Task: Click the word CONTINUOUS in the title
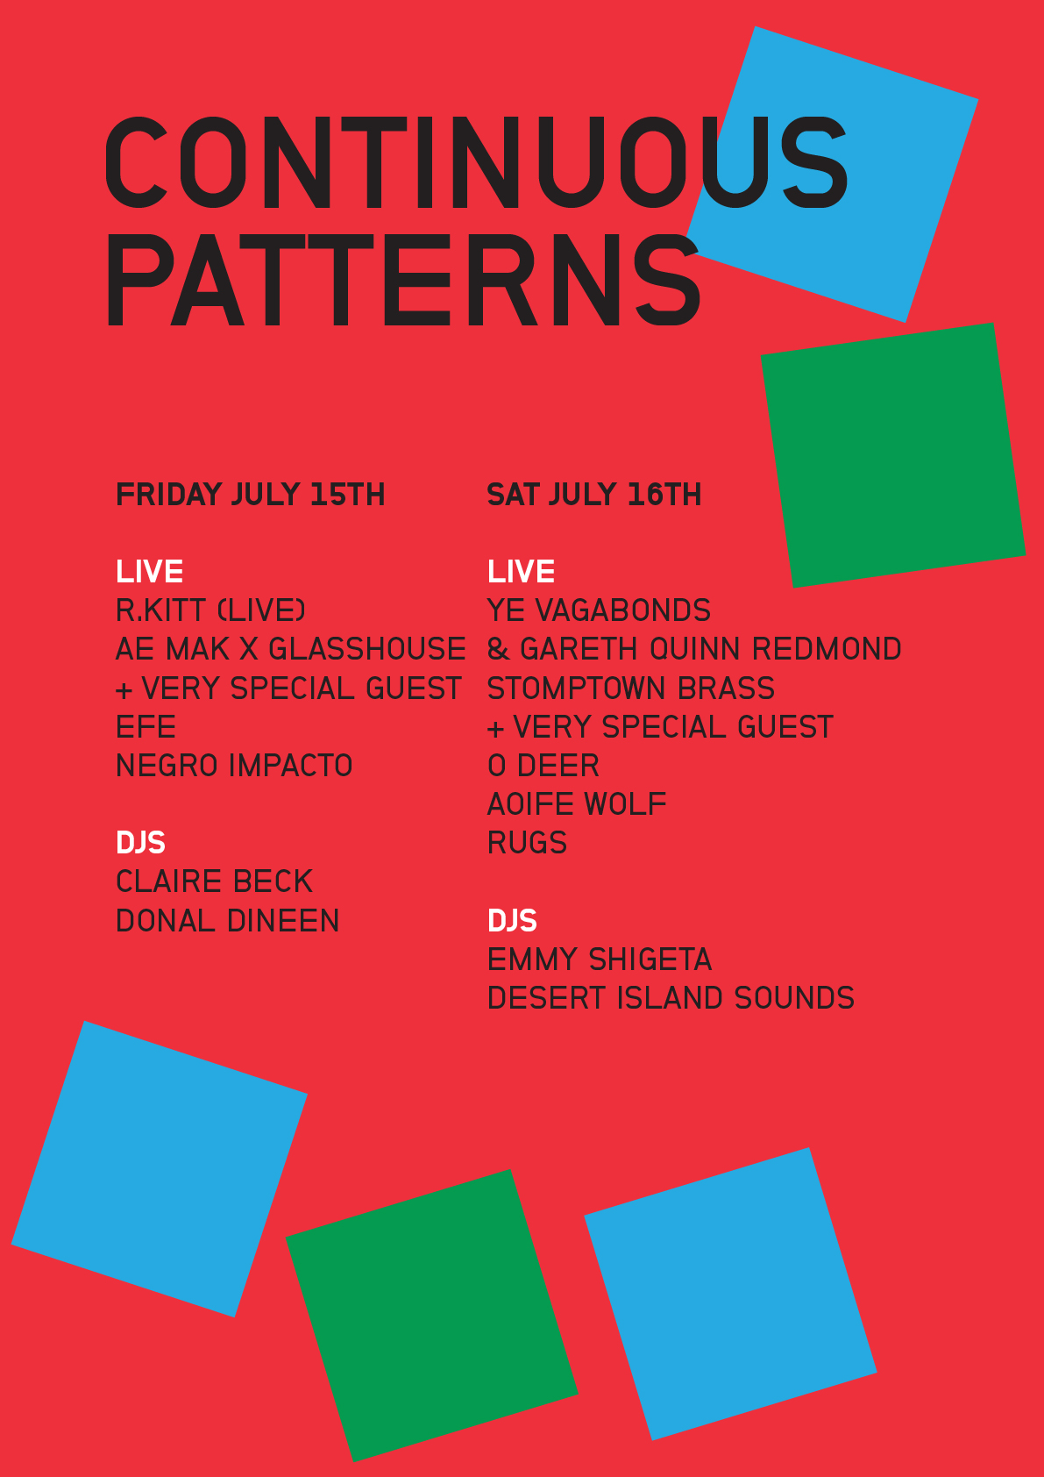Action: (476, 162)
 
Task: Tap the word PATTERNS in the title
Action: (403, 280)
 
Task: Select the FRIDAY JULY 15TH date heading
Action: (251, 495)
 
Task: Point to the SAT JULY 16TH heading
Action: (593, 495)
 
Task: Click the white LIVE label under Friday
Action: (150, 571)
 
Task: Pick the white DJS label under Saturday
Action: (512, 920)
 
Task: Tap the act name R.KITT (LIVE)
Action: (210, 610)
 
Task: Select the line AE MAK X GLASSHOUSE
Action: (291, 649)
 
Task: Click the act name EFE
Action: (146, 726)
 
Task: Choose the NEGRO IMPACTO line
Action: (234, 766)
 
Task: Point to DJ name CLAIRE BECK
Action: (214, 881)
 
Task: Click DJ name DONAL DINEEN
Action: (227, 920)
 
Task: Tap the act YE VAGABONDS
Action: (599, 610)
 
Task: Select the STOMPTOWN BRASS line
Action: (631, 688)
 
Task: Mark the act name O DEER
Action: (543, 766)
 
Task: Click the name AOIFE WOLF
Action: (577, 803)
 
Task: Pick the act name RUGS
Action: (528, 843)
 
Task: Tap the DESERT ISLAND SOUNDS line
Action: (671, 997)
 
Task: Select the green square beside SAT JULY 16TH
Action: (893, 455)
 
